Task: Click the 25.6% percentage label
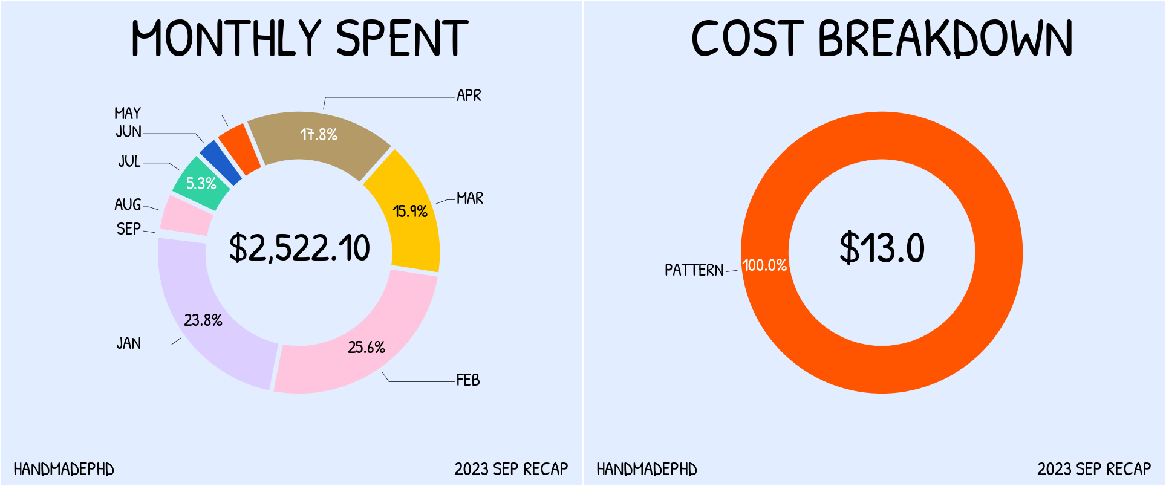[x=366, y=348]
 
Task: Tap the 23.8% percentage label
[x=203, y=320]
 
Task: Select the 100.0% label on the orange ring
[x=764, y=265]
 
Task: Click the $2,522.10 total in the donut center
[x=299, y=248]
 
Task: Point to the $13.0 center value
[x=882, y=248]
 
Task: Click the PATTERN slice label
[x=694, y=270]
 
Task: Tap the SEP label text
[x=128, y=229]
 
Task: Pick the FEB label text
[x=467, y=380]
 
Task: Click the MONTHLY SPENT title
[x=299, y=39]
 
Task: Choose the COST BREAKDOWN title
[x=882, y=39]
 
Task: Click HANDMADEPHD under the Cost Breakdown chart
[x=647, y=470]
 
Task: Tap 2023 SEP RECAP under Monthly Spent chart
[x=511, y=470]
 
